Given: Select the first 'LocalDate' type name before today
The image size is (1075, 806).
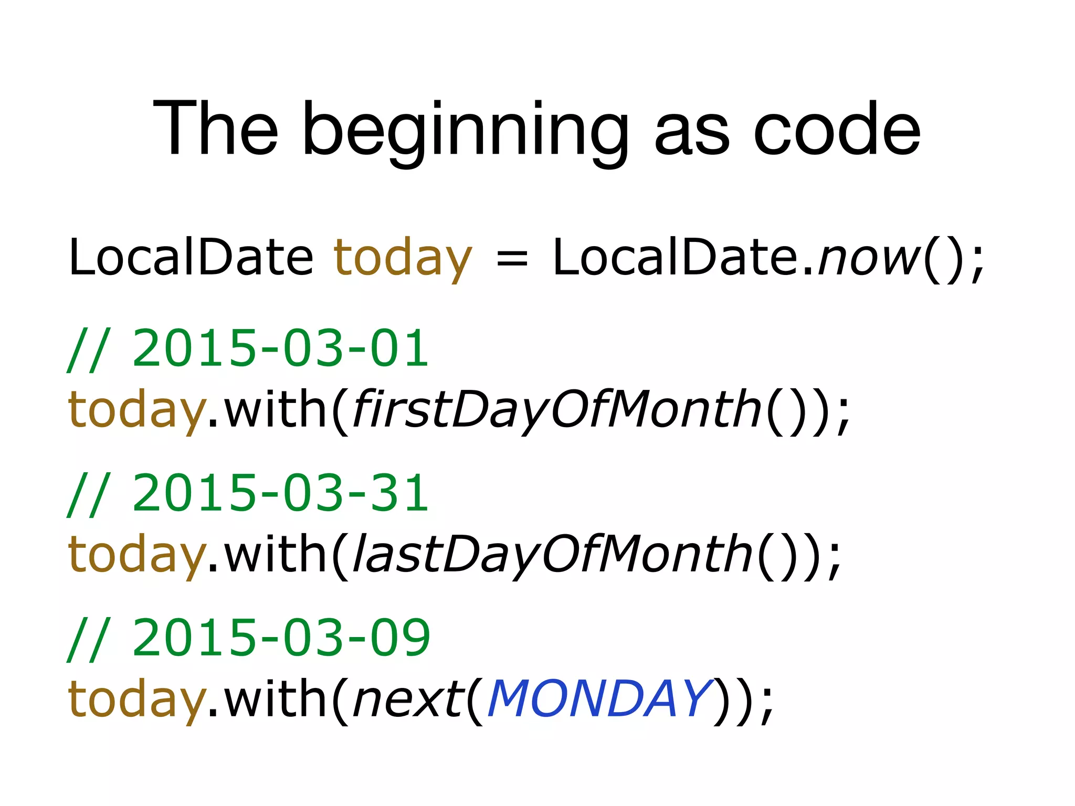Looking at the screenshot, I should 191,257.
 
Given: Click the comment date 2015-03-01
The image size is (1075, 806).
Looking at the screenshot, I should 281,348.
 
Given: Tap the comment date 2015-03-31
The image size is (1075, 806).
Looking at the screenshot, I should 281,493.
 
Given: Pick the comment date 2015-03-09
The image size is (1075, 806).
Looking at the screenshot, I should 281,638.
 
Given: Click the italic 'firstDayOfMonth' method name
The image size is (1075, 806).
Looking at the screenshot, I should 557,409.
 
